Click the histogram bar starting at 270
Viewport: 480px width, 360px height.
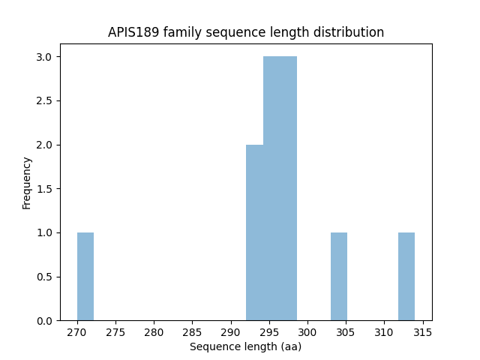click(85, 276)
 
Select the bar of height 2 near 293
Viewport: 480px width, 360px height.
click(255, 232)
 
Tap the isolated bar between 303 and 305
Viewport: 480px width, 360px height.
click(339, 276)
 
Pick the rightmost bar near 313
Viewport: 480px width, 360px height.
click(406, 276)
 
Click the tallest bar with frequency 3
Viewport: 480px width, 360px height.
click(280, 188)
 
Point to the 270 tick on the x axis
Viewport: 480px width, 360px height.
click(77, 331)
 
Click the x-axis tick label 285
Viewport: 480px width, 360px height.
click(192, 331)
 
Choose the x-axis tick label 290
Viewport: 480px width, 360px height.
click(230, 331)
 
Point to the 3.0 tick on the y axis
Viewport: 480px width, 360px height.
click(43, 57)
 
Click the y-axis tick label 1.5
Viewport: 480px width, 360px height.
click(43, 189)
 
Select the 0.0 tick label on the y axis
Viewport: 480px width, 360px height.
click(43, 321)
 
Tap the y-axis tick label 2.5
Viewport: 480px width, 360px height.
click(43, 101)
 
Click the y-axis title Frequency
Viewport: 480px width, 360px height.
click(27, 182)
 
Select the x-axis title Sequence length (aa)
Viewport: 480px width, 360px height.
click(245, 346)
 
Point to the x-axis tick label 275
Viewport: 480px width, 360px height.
click(115, 331)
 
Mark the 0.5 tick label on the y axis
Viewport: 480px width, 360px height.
click(43, 277)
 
